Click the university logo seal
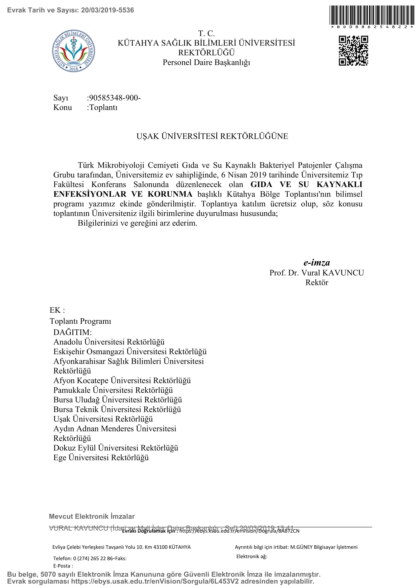click(73, 51)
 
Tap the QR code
click(353, 51)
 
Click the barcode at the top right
click(372, 15)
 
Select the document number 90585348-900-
click(114, 98)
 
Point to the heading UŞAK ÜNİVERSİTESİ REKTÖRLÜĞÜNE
click(212, 136)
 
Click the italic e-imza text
click(317, 262)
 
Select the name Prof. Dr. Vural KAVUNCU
click(316, 273)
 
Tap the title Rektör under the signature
click(317, 283)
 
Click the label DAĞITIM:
click(72, 332)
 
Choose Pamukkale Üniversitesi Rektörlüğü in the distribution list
click(113, 390)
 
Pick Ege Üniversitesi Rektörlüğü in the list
click(101, 457)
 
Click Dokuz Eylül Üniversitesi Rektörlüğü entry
click(115, 448)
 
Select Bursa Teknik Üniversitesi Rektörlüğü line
click(117, 409)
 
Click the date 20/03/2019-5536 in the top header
click(108, 10)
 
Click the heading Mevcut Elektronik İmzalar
click(92, 516)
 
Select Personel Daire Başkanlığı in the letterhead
click(206, 63)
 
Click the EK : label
click(57, 310)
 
